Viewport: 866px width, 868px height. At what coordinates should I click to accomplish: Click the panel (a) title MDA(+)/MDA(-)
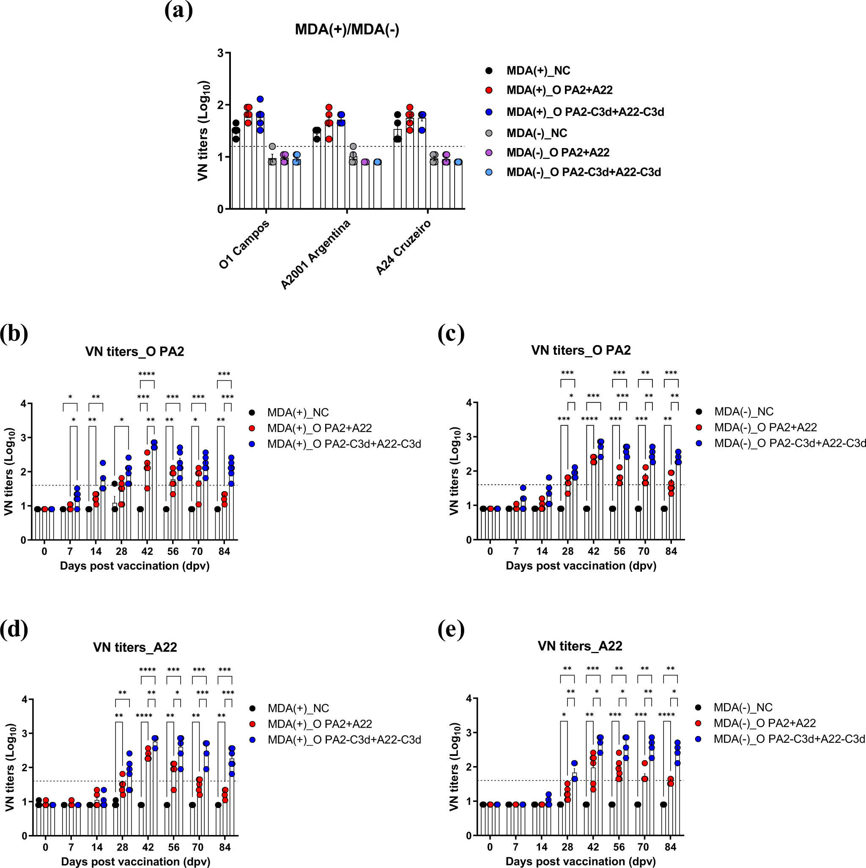pyautogui.click(x=347, y=30)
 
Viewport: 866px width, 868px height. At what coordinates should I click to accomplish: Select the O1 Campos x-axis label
pyautogui.click(x=244, y=244)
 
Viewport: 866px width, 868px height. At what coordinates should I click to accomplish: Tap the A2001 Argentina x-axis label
pyautogui.click(x=315, y=255)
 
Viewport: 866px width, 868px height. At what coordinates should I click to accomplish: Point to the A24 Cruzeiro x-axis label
pyautogui.click(x=403, y=247)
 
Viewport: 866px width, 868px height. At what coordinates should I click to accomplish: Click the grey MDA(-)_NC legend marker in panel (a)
pyautogui.click(x=489, y=133)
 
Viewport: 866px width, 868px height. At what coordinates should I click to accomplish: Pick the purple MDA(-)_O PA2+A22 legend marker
pyautogui.click(x=489, y=153)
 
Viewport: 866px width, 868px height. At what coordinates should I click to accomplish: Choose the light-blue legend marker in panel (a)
pyautogui.click(x=489, y=172)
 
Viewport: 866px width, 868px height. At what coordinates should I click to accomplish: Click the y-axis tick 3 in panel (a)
pyautogui.click(x=220, y=53)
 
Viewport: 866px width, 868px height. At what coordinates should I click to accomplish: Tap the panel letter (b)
pyautogui.click(x=14, y=334)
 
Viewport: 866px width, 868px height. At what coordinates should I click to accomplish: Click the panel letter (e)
pyautogui.click(x=451, y=630)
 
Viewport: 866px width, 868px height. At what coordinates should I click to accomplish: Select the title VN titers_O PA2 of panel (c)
pyautogui.click(x=581, y=350)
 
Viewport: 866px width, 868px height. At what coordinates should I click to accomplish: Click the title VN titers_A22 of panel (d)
pyautogui.click(x=135, y=648)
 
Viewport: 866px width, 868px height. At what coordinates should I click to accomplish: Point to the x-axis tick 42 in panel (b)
pyautogui.click(x=147, y=551)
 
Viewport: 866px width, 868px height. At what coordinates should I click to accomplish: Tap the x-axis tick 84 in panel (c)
pyautogui.click(x=671, y=551)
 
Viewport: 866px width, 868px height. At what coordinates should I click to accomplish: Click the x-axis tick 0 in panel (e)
pyautogui.click(x=490, y=847)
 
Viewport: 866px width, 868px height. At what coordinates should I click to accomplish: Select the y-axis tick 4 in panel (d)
pyautogui.click(x=25, y=700)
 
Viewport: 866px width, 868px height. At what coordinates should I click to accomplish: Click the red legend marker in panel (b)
pyautogui.click(x=252, y=428)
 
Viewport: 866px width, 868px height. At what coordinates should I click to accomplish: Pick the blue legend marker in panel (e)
pyautogui.click(x=699, y=739)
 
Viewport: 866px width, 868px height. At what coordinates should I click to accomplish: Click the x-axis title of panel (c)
pyautogui.click(x=581, y=566)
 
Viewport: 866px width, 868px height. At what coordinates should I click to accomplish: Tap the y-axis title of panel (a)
pyautogui.click(x=203, y=131)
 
